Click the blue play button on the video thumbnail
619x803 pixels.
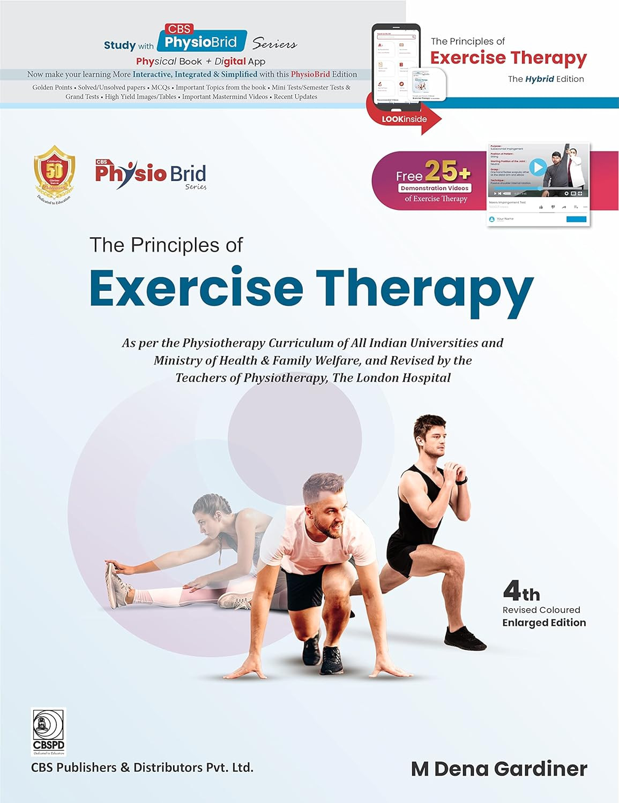tap(538, 168)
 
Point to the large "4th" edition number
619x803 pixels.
tap(521, 592)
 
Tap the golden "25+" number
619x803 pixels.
tap(448, 172)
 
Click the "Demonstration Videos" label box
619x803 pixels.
tap(435, 188)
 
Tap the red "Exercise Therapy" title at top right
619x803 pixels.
tap(508, 58)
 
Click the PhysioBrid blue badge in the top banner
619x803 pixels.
tap(201, 42)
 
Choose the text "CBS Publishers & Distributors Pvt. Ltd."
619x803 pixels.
tap(142, 767)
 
